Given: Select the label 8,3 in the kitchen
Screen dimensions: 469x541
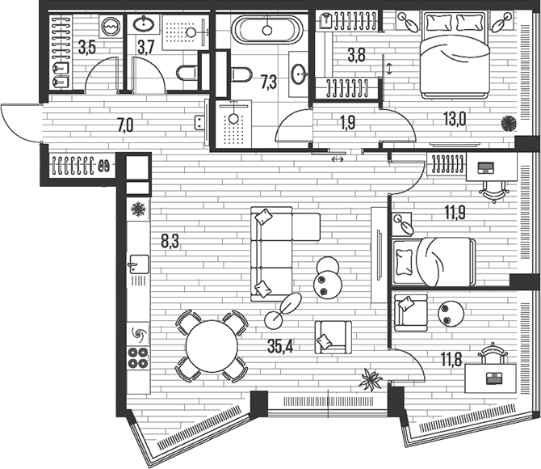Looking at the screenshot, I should coord(170,239).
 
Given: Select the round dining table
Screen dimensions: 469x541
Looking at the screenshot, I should coord(212,345).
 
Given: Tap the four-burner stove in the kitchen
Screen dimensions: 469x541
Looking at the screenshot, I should coord(138,358).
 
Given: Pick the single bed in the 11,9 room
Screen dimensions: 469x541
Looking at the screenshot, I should coord(431,260).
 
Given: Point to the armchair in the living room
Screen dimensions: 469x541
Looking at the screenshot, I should coord(332,336).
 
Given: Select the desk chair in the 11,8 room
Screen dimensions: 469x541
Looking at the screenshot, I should coord(492,352).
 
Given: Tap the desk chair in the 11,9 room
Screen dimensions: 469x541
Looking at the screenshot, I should coord(491,188).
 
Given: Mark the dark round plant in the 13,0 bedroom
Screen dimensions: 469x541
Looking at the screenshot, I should coord(509,124).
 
